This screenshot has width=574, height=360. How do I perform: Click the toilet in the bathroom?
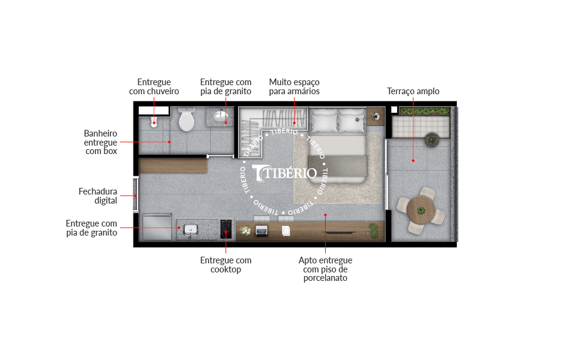(187, 119)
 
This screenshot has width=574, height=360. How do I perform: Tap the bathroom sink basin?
(221, 117)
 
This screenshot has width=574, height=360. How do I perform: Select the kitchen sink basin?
(190, 230)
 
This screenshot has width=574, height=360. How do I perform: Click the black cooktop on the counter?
(226, 229)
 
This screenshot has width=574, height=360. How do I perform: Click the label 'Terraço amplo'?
(413, 91)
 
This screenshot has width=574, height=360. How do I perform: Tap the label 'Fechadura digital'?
(98, 196)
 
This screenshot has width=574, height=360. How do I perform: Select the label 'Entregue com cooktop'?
(225, 265)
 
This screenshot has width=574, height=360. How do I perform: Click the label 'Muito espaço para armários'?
(294, 87)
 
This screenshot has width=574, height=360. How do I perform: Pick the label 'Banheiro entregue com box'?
(101, 142)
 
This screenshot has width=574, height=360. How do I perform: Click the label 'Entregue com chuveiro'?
(153, 87)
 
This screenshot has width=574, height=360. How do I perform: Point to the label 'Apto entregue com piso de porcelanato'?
(325, 269)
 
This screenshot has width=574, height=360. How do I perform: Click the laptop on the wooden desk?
(262, 231)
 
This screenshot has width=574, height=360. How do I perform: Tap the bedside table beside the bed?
(376, 117)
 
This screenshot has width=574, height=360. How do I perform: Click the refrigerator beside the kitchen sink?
(157, 227)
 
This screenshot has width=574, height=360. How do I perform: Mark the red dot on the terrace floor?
(413, 161)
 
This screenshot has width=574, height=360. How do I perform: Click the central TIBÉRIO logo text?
(285, 173)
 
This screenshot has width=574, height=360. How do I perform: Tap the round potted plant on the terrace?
(432, 140)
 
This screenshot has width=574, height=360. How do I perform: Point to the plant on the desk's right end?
(373, 231)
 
